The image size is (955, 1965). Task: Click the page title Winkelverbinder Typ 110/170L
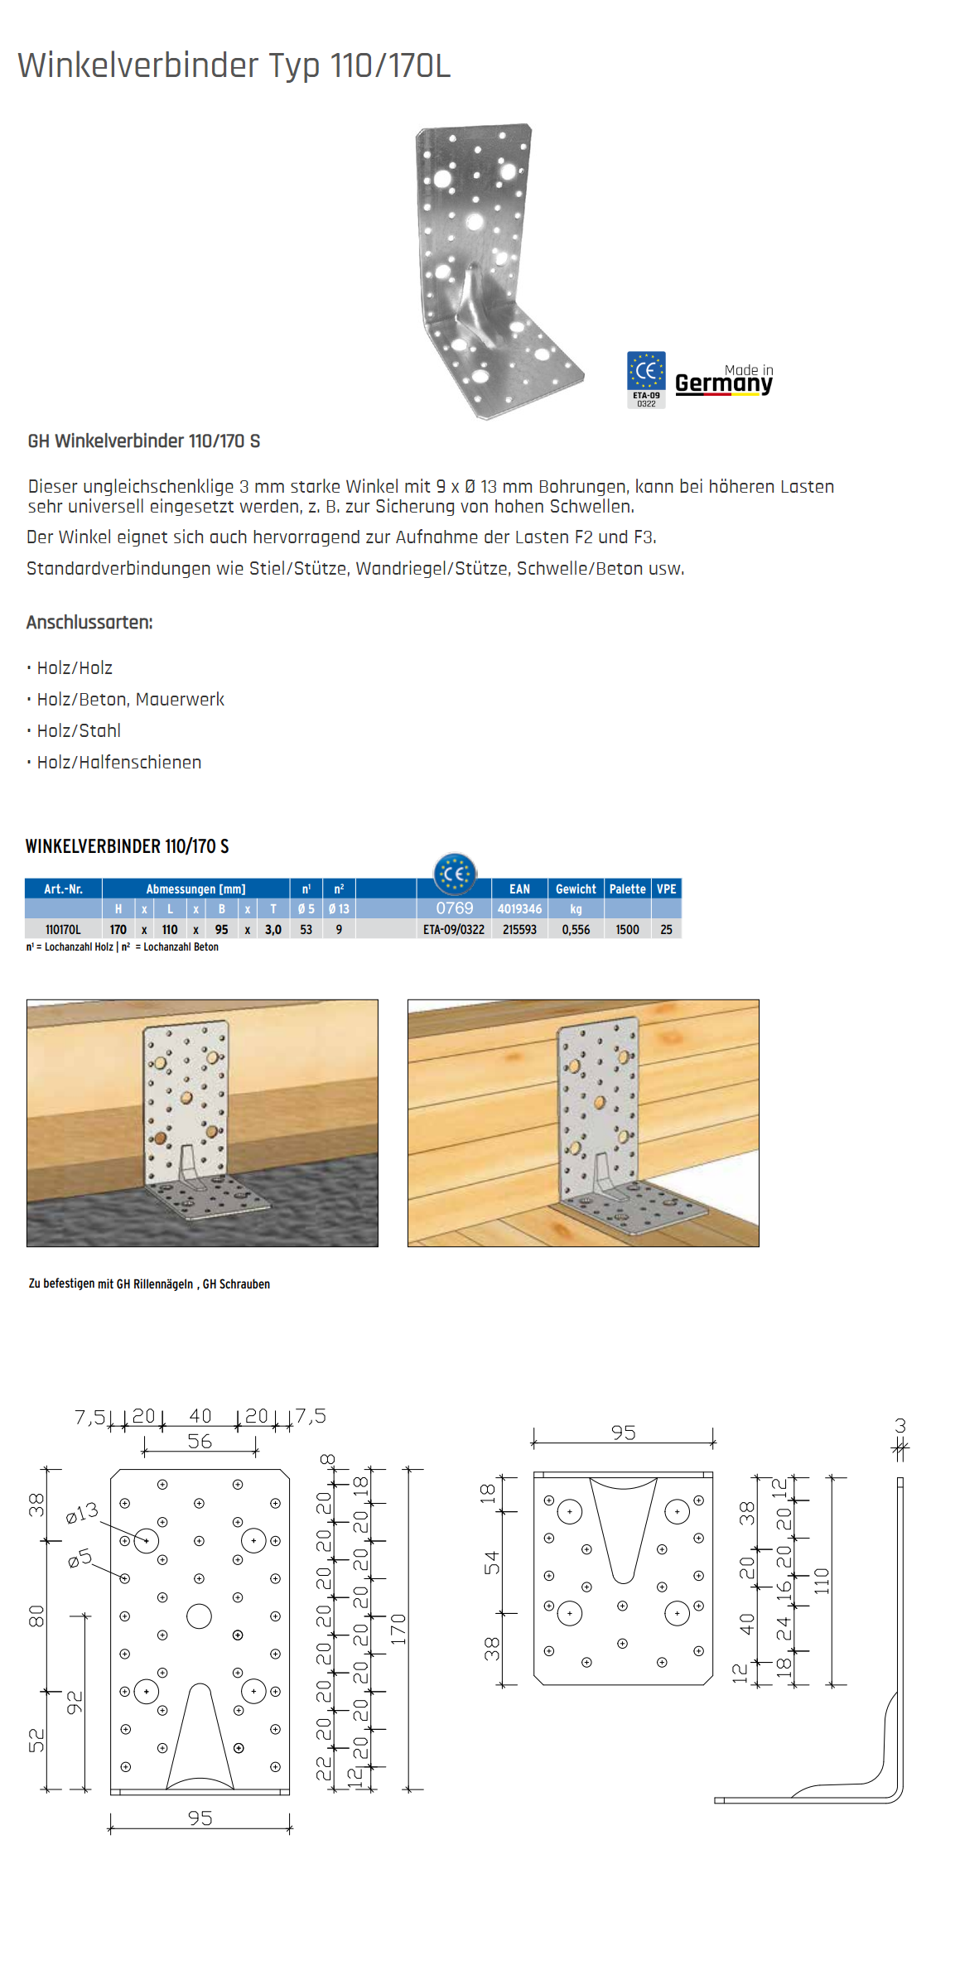click(234, 65)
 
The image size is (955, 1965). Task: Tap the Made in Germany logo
click(723, 381)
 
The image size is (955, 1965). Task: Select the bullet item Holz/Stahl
click(79, 731)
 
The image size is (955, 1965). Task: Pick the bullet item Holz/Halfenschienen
click(118, 763)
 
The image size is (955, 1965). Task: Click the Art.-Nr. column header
click(63, 889)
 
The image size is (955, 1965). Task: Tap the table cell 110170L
click(63, 930)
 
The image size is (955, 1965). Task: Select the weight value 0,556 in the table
click(576, 930)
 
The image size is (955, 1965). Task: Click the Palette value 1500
click(627, 930)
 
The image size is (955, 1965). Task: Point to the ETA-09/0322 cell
click(454, 930)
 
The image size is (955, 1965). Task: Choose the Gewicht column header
click(576, 889)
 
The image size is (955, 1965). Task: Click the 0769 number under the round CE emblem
click(455, 908)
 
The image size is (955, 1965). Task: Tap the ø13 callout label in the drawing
click(82, 1512)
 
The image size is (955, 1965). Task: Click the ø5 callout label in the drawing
click(80, 1558)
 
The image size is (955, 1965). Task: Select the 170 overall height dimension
click(398, 1629)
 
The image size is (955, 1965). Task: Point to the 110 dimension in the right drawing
click(822, 1581)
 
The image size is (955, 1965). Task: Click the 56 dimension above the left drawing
click(200, 1442)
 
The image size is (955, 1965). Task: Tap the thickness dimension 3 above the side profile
click(900, 1426)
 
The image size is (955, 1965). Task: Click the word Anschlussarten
click(89, 623)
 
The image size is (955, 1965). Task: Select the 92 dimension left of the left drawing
click(75, 1703)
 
